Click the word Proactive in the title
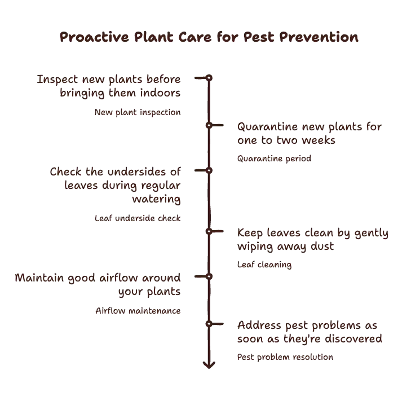94,37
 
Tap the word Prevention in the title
319,37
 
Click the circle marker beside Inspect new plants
209,78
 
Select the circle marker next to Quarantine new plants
209,125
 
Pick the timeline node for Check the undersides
209,170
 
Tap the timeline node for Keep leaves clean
209,231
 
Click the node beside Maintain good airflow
209,276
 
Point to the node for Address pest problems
209,324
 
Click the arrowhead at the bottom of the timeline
209,365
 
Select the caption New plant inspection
138,112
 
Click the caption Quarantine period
275,159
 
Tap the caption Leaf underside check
138,218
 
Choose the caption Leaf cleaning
264,265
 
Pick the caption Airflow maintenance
138,311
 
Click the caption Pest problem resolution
285,357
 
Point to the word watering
156,199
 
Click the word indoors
160,93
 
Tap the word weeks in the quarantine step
320,140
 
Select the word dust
322,246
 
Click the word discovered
353,338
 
